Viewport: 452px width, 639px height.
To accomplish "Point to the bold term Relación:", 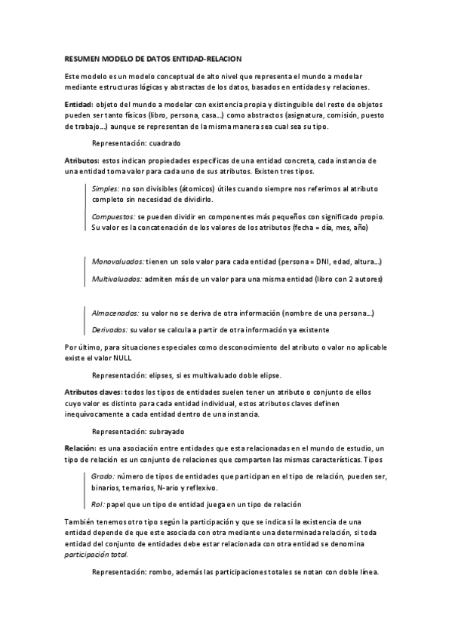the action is [80, 448].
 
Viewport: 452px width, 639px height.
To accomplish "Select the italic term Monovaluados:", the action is [118, 261].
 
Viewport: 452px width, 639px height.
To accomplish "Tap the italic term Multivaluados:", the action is [117, 280].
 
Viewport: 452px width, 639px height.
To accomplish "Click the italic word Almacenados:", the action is [115, 312].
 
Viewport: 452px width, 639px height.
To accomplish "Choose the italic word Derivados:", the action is [109, 330].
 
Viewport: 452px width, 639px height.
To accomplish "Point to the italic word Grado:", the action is [103, 477].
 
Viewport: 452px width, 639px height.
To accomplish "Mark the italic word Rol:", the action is [98, 504].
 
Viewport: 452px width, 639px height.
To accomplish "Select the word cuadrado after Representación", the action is [165, 142].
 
